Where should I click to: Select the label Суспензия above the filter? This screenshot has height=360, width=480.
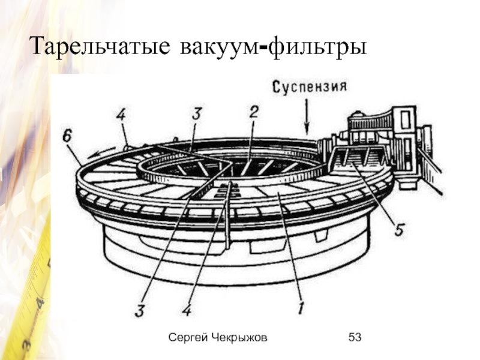310,86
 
